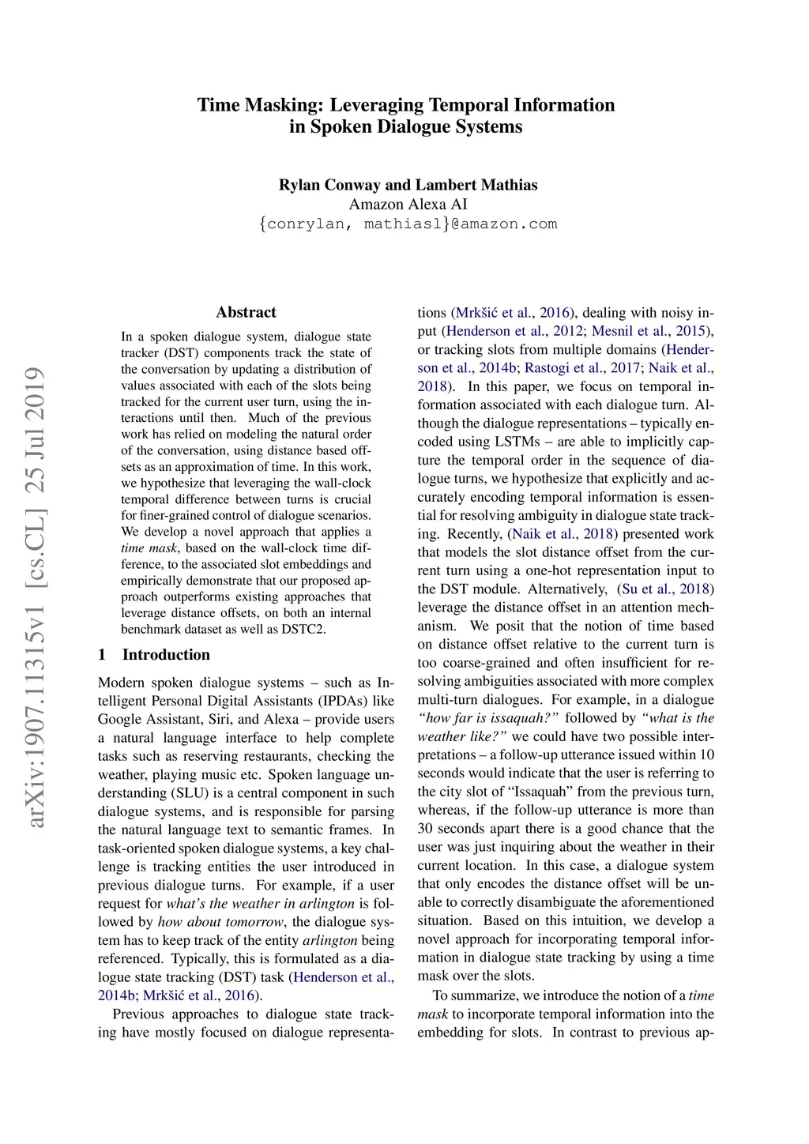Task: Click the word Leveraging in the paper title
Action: coord(377,105)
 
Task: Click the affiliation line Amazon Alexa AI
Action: coord(408,204)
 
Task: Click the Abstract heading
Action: coord(246,312)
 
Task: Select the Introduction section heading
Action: coord(166,654)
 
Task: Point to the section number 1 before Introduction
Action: coord(102,654)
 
